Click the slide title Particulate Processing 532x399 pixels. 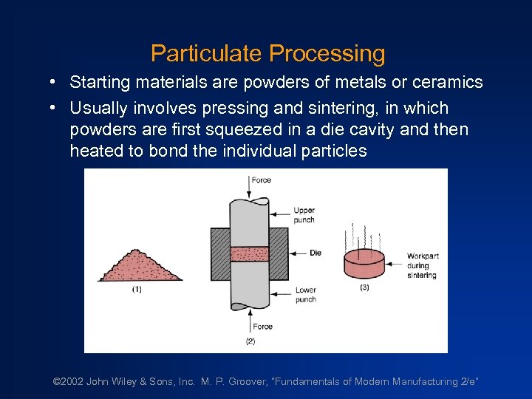click(x=267, y=53)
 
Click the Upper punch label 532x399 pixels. click(x=304, y=215)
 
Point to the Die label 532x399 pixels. click(x=316, y=253)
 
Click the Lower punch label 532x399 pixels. click(x=306, y=295)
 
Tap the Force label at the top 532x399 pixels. click(x=262, y=180)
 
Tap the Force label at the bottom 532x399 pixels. click(x=262, y=327)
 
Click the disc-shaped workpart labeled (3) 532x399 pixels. click(x=364, y=263)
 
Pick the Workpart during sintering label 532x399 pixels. click(x=422, y=266)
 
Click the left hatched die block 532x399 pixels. click(x=220, y=253)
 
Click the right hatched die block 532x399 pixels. click(x=279, y=253)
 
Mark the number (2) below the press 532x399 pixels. click(x=250, y=341)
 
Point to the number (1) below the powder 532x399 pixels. click(x=137, y=290)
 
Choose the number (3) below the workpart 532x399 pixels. click(x=364, y=287)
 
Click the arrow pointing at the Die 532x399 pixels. click(x=299, y=253)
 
